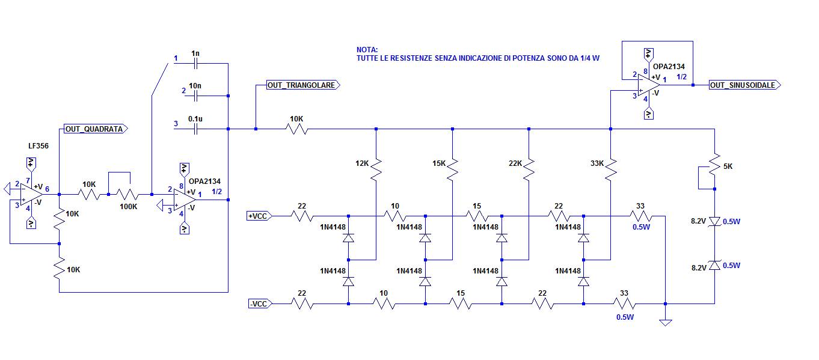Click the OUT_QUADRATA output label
pos(96,129)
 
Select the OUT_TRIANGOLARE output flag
pos(303,85)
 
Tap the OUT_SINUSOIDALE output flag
pos(745,85)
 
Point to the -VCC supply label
pos(260,304)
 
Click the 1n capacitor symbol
pos(195,63)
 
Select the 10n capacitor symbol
pos(195,96)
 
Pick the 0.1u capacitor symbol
pos(195,129)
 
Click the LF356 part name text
pos(38,146)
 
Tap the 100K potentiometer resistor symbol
pos(127,195)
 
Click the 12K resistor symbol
pos(376,169)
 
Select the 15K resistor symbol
pos(452,169)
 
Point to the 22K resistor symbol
pos(529,169)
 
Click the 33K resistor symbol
pos(610,169)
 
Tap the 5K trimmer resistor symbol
pos(714,165)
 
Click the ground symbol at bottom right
pos(666,323)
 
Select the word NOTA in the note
pos(367,50)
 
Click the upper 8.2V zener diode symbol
pos(715,222)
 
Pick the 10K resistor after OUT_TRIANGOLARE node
pos(296,129)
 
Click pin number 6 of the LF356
pos(47,189)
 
